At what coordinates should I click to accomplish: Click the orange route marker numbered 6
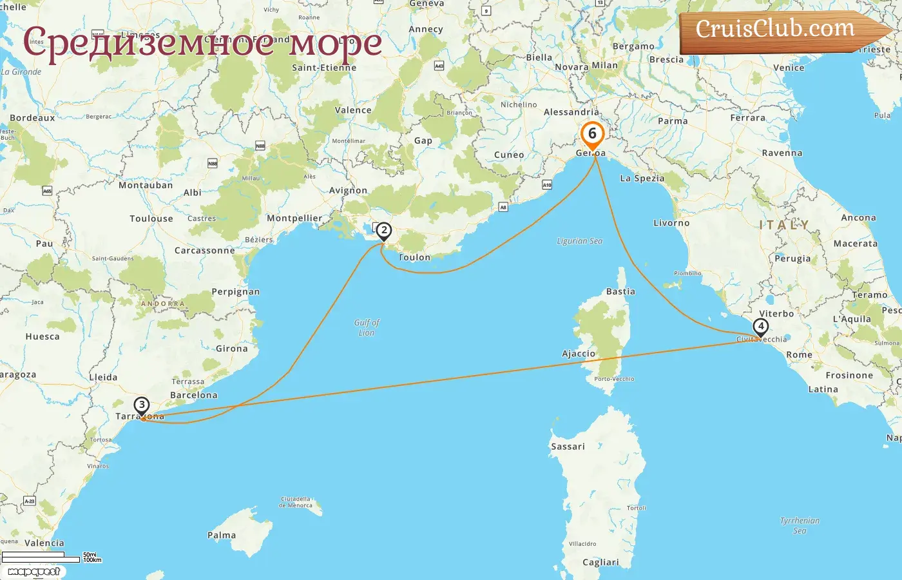[x=592, y=135]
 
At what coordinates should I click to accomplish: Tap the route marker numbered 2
[x=384, y=231]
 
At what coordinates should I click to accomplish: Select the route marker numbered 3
[x=142, y=405]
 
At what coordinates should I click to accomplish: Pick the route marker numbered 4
[x=761, y=327]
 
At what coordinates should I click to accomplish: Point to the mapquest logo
[x=34, y=572]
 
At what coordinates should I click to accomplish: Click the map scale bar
[x=41, y=557]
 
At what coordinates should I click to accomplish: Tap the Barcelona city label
[x=193, y=395]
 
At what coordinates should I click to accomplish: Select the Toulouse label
[x=151, y=218]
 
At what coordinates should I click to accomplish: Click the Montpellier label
[x=294, y=218]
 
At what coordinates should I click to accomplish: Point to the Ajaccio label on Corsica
[x=579, y=353]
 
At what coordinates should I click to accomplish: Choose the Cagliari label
[x=600, y=562]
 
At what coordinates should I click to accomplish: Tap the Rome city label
[x=799, y=354]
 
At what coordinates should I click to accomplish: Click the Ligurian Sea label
[x=580, y=241]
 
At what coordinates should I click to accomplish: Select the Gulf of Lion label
[x=367, y=327]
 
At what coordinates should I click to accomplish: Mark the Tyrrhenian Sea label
[x=800, y=525]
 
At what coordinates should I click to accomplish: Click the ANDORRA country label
[x=163, y=304]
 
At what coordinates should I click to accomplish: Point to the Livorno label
[x=671, y=223]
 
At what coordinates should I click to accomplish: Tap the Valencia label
[x=44, y=543]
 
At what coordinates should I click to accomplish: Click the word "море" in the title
[x=335, y=43]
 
